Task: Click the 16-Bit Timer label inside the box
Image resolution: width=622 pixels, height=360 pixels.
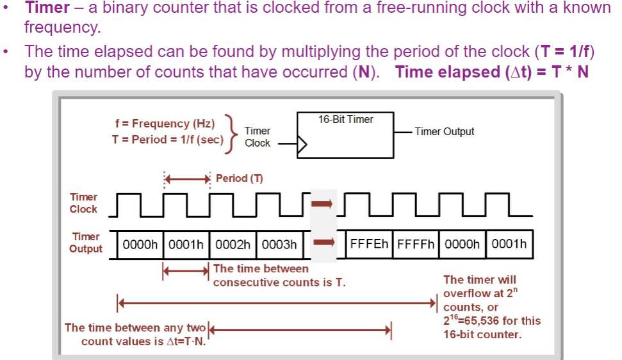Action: click(346, 119)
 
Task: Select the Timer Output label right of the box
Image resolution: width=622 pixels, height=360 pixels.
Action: click(444, 131)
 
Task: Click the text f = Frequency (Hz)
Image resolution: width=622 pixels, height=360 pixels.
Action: click(164, 124)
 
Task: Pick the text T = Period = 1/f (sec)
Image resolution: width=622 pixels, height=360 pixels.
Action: click(167, 139)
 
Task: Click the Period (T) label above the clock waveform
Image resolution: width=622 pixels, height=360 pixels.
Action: click(239, 178)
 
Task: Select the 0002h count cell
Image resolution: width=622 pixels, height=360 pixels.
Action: click(233, 244)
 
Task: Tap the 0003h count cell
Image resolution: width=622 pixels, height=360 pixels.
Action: click(279, 244)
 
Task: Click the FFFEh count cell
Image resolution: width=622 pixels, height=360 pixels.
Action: click(370, 244)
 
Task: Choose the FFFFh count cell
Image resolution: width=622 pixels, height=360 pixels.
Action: click(416, 244)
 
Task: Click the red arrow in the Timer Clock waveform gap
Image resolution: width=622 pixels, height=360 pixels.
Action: click(323, 204)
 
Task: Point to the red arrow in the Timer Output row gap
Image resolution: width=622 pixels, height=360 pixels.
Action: click(323, 243)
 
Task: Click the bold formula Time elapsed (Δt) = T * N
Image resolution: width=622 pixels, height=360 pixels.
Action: click(491, 72)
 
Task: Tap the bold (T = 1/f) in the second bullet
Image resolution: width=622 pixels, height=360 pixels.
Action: click(559, 51)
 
